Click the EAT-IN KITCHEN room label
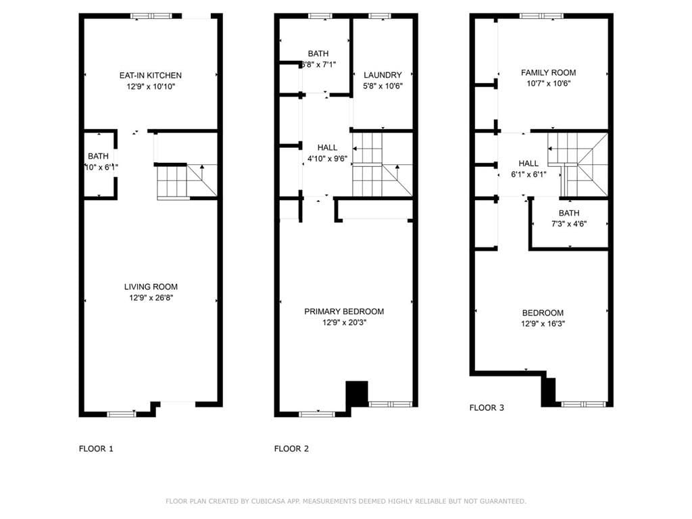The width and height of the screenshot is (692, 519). pos(150,75)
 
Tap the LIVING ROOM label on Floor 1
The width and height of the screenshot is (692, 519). pos(151,287)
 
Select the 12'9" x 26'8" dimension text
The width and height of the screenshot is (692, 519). pos(151,297)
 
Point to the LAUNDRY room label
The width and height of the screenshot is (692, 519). pos(382,75)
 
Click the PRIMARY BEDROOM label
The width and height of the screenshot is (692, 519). pos(344,312)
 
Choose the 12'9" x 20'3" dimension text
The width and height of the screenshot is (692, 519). pos(344,322)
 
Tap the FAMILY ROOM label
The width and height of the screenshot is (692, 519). pos(548,72)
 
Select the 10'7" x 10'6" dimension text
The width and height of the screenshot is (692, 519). pos(548,83)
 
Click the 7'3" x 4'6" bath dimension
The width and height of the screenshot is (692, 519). pos(568,224)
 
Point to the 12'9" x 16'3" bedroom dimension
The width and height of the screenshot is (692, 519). pos(543,323)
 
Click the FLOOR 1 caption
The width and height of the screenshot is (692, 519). pos(97,448)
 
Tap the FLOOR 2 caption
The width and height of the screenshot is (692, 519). pos(291,448)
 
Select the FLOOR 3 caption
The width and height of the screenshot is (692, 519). pos(487,407)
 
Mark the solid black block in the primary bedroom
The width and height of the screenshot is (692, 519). pos(357,393)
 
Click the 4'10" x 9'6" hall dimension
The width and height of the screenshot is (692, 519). pos(327,159)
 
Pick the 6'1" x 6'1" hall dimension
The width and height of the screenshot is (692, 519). pos(528,174)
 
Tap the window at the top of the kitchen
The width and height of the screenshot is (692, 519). pos(151,16)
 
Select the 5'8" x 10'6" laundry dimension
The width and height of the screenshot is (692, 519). pos(382,86)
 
